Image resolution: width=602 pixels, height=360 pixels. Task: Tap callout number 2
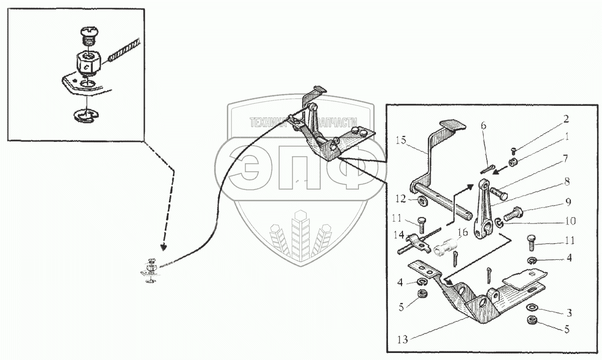point(565,119)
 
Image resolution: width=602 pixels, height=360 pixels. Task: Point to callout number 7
point(565,158)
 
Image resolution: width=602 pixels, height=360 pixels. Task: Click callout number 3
point(568,313)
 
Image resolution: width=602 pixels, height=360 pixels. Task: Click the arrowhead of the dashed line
point(162,247)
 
